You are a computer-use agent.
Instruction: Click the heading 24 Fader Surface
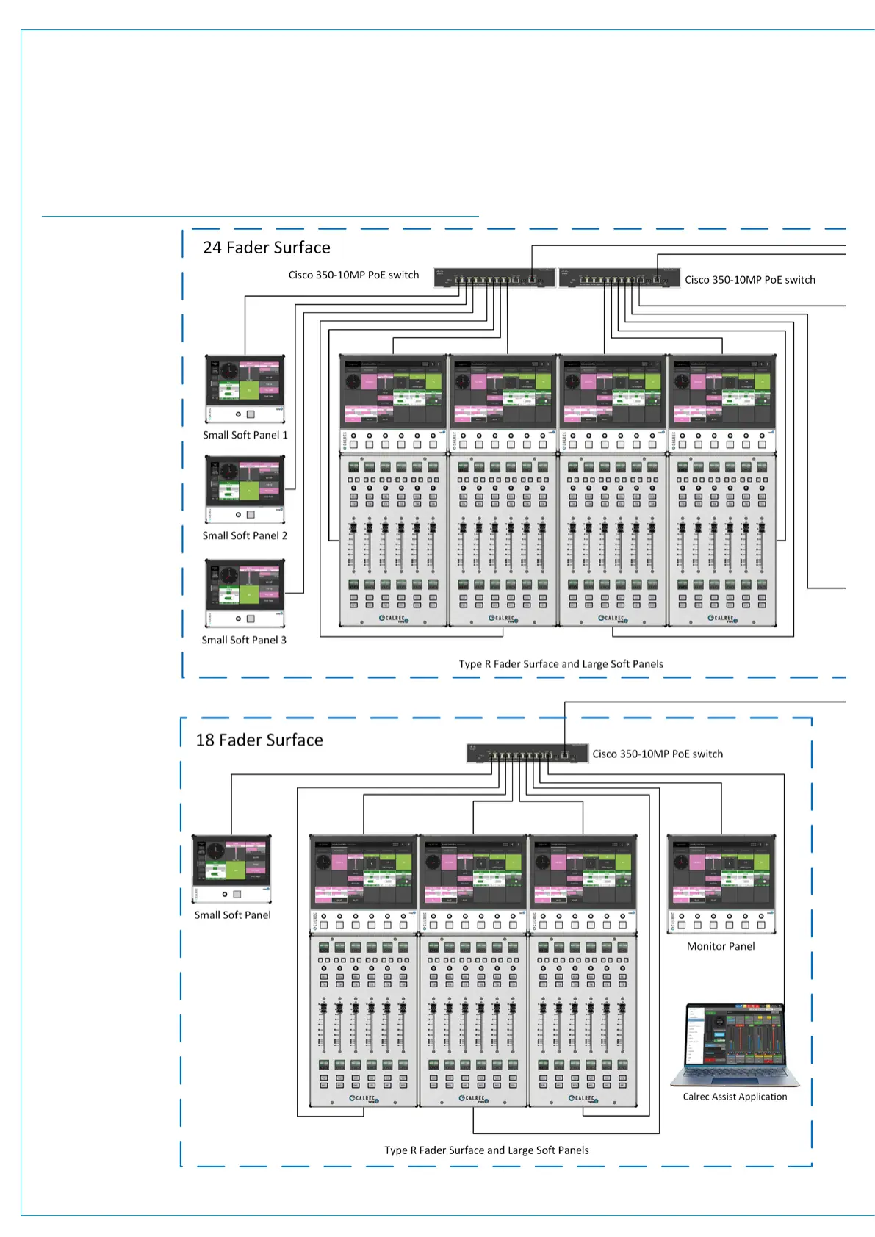[266, 248]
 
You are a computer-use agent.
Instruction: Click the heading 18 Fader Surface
[259, 740]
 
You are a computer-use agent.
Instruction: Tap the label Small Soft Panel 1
[245, 435]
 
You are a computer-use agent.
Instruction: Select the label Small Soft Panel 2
[245, 535]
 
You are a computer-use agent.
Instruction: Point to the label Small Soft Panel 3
[244, 640]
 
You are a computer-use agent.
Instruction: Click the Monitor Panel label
[721, 946]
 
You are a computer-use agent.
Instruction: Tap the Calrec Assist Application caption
[735, 1097]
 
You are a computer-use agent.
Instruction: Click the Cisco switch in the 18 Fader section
[527, 754]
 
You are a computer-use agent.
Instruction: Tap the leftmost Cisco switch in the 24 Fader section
[494, 278]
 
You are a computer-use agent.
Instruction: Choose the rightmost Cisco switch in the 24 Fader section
[619, 278]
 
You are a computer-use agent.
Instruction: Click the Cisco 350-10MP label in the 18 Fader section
[658, 754]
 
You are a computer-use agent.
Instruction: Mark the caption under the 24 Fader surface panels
[561, 664]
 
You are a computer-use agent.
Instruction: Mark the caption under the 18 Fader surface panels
[486, 1150]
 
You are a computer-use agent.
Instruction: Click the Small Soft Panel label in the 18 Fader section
[232, 915]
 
